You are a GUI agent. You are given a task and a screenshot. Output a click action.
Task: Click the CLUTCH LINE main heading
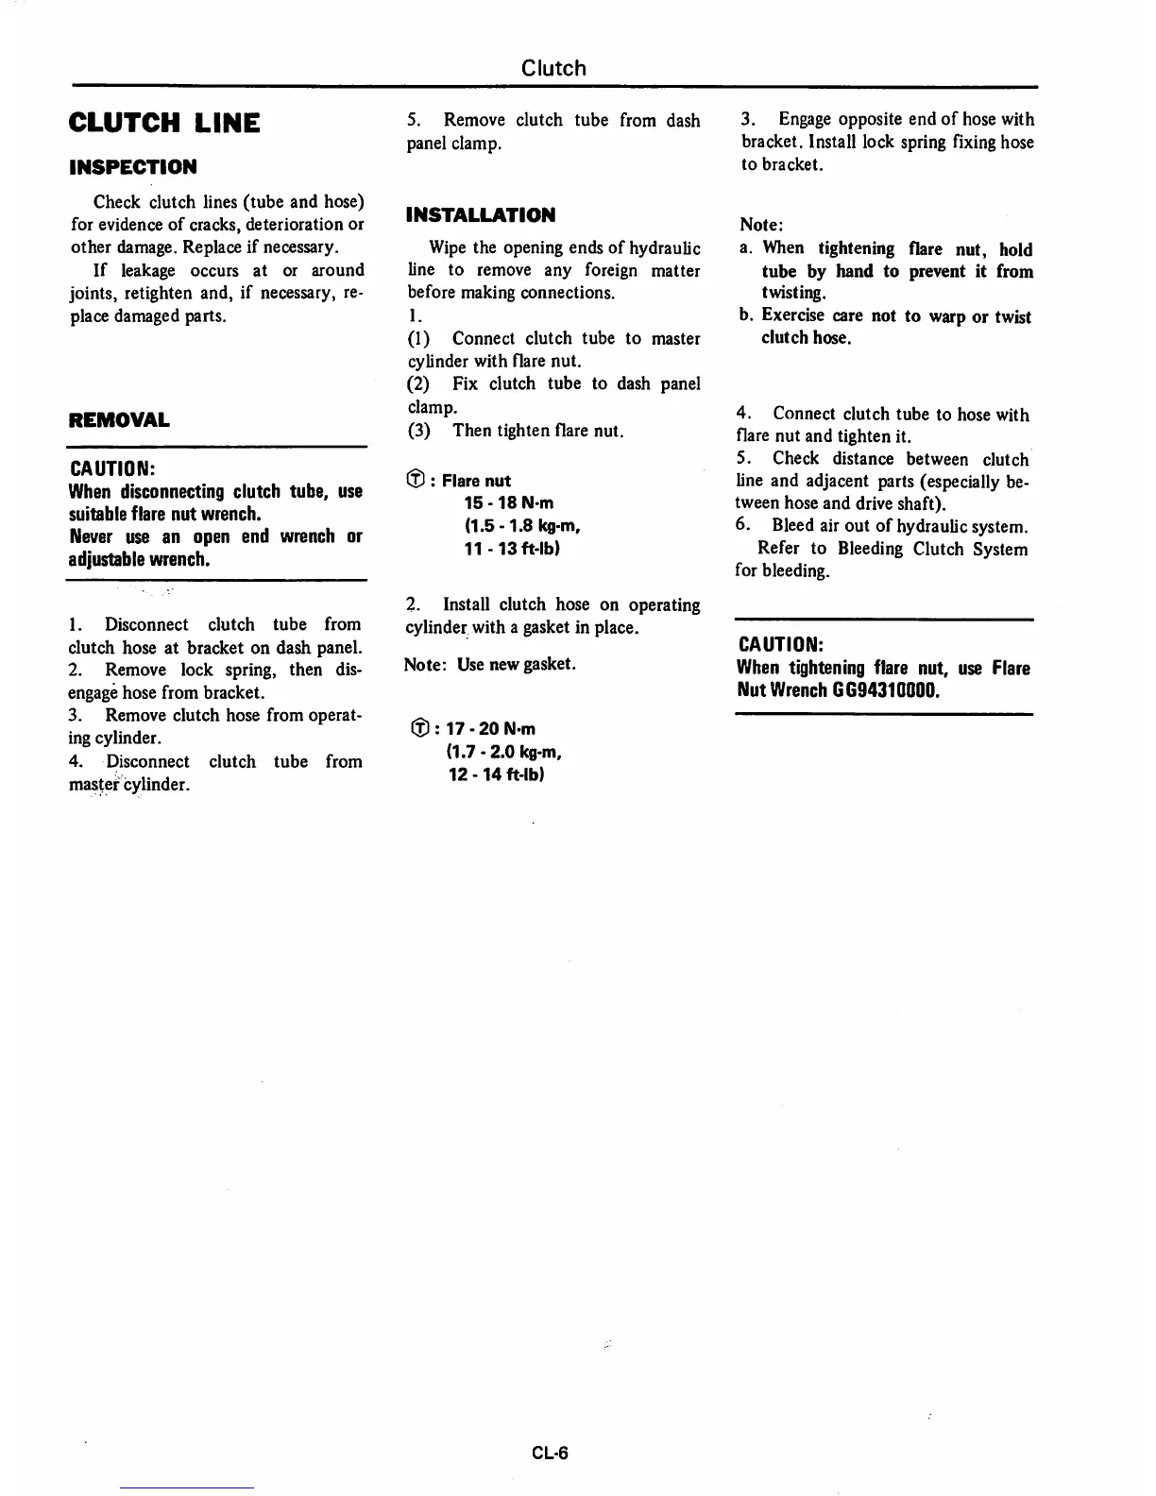coord(164,123)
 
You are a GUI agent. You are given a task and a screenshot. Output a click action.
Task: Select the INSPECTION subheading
coord(133,167)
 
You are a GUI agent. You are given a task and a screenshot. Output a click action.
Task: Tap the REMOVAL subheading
coord(119,419)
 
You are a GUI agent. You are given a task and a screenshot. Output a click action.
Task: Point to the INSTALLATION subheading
coord(481,214)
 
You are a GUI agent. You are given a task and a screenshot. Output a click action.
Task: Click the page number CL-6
coord(550,1453)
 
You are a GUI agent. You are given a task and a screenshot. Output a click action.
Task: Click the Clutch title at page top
coord(553,68)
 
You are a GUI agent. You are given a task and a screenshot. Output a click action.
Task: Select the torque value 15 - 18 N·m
coord(509,502)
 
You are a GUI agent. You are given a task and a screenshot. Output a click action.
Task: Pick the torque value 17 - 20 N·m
coord(491,728)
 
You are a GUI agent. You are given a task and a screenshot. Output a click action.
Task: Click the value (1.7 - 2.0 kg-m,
coord(506,752)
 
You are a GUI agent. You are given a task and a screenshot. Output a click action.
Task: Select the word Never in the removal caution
coord(91,536)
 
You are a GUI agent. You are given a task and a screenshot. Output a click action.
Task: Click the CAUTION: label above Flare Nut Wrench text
coord(780,644)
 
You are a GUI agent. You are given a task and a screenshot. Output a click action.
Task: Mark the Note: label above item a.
coord(762,225)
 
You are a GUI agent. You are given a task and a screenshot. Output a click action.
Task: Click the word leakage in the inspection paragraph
coord(148,270)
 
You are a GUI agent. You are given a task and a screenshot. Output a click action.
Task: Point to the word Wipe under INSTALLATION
coord(448,247)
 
